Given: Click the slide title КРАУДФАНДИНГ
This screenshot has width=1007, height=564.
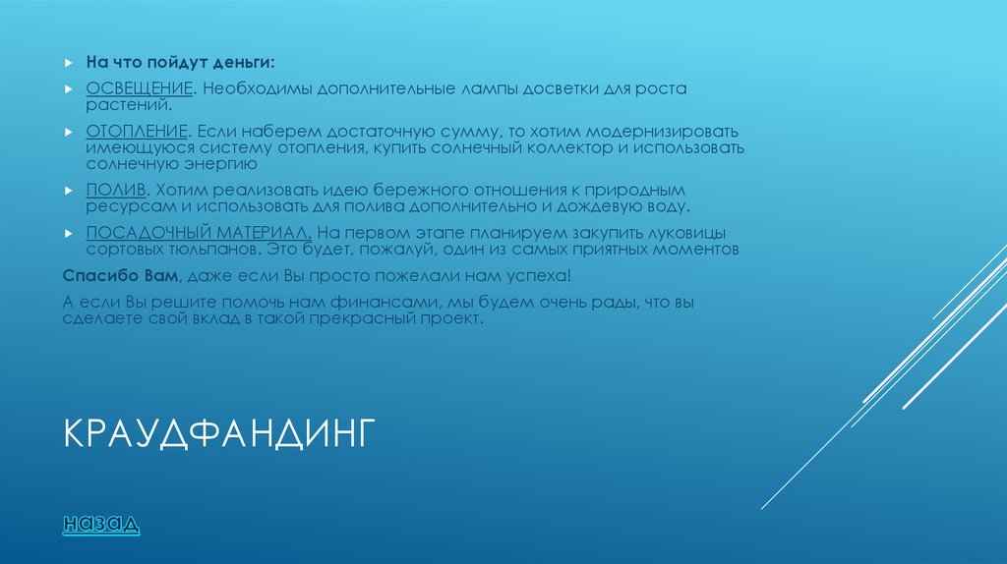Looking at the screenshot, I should (219, 433).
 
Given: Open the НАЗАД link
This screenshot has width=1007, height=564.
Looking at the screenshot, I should (101, 524).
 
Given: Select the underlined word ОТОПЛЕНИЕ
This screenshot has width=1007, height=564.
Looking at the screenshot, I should (137, 131).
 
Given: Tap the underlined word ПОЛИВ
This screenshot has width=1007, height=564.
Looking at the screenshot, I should (116, 188).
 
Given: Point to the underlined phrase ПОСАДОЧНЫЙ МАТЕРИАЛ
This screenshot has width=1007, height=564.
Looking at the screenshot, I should (200, 232).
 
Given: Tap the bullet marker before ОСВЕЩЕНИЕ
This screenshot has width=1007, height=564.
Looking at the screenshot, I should (68, 89).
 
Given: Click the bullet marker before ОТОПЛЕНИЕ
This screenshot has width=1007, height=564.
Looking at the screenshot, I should (68, 131).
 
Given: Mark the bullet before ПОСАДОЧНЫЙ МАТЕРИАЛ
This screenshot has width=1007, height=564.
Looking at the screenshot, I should (68, 232).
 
